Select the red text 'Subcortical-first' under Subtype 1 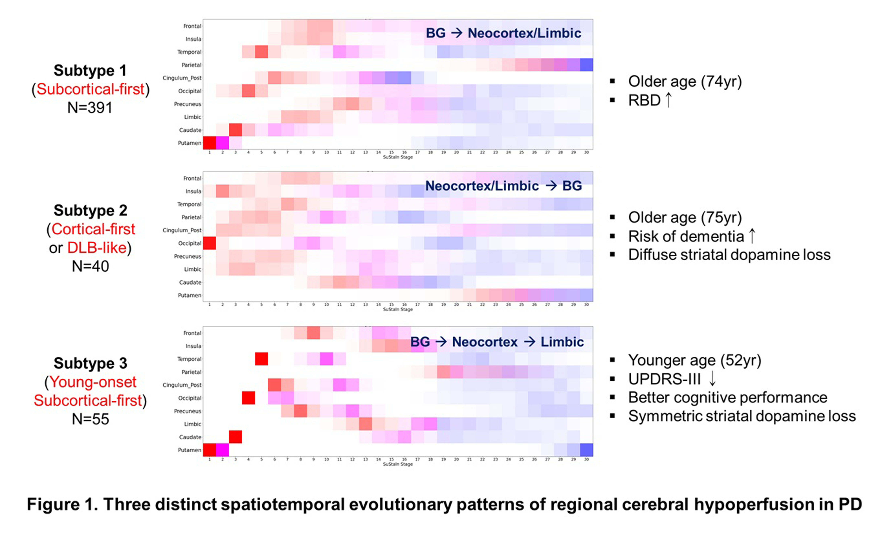pyautogui.click(x=90, y=89)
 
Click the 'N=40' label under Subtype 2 pyautogui.click(x=90, y=266)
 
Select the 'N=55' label pyautogui.click(x=90, y=419)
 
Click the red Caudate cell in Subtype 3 pyautogui.click(x=235, y=437)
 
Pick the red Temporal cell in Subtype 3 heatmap pyautogui.click(x=261, y=359)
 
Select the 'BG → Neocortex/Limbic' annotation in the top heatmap pyautogui.click(x=503, y=33)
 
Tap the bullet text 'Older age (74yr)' pyautogui.click(x=685, y=81)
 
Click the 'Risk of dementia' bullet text pyautogui.click(x=686, y=236)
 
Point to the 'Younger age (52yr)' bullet pyautogui.click(x=694, y=360)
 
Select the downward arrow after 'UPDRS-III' pyautogui.click(x=712, y=379)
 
